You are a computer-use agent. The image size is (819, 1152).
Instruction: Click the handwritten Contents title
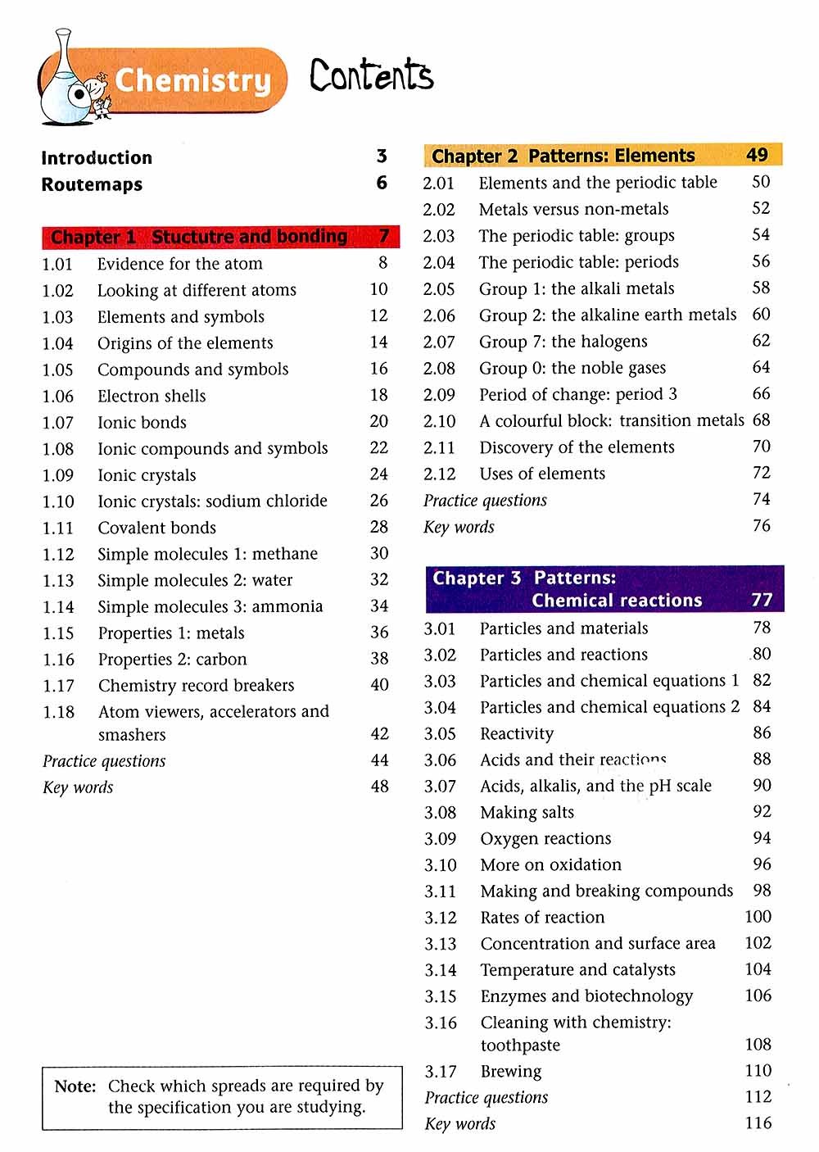tap(371, 75)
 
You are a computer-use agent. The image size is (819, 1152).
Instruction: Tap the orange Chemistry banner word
tap(192, 80)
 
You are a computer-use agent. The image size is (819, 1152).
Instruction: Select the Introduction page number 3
tap(382, 156)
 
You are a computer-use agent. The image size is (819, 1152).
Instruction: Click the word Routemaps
tap(92, 184)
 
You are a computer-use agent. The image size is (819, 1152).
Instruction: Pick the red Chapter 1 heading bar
tap(220, 237)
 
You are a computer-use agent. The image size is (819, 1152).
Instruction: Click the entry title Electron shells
tap(152, 396)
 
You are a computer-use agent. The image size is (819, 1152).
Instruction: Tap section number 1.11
tap(58, 528)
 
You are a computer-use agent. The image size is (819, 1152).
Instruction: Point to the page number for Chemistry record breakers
tap(379, 685)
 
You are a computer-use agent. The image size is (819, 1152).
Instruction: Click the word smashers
tap(132, 735)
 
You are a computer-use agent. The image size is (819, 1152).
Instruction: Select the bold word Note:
tap(75, 1086)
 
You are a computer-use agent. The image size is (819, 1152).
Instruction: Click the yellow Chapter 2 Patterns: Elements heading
tap(603, 156)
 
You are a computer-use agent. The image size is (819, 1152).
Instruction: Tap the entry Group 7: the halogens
tap(563, 342)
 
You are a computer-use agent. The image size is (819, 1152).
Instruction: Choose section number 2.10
tap(439, 421)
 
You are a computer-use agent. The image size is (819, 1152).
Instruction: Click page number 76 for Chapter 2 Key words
tap(762, 525)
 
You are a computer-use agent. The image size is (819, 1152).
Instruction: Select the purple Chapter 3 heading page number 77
tap(762, 600)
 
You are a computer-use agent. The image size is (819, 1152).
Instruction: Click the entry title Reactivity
tap(517, 733)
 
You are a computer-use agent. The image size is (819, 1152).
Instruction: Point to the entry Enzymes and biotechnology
tap(586, 996)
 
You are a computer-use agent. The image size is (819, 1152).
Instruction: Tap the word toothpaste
tap(520, 1045)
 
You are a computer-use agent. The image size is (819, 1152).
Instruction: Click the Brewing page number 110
tap(758, 1070)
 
